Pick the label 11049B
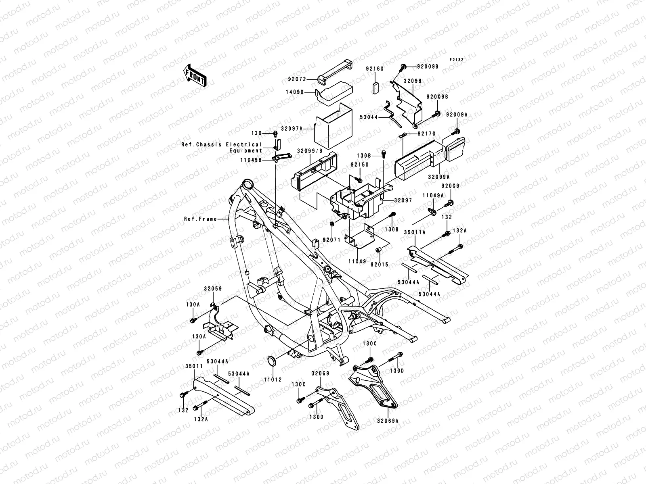(x=262, y=160)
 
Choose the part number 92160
(x=375, y=69)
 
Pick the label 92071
(x=331, y=240)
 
